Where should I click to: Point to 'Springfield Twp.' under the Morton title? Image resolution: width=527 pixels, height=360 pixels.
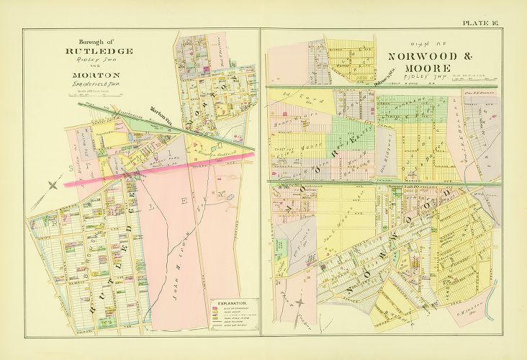pyautogui.click(x=89, y=84)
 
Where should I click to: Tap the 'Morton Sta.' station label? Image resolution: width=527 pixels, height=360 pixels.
pyautogui.click(x=161, y=112)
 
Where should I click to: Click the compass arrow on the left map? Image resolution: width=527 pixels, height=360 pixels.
pyautogui.click(x=53, y=186)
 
